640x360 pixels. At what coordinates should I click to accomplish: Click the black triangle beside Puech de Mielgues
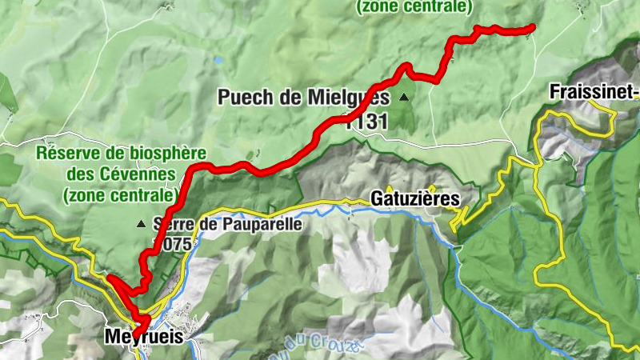pos(404,98)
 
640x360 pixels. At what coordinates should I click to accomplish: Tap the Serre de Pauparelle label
pos(227,225)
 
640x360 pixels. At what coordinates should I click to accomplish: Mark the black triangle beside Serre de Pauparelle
pos(142,224)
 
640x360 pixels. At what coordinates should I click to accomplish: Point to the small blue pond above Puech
pos(218,59)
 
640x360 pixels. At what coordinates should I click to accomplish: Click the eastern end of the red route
pos(532,29)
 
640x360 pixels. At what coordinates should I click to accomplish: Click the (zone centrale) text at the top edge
pos(414,7)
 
